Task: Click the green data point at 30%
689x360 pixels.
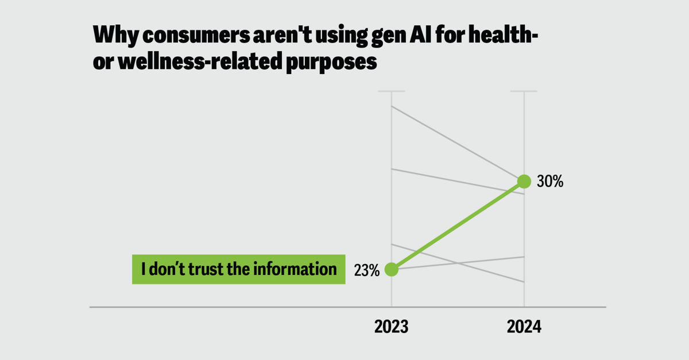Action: pyautogui.click(x=524, y=181)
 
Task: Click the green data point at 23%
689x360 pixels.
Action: pyautogui.click(x=391, y=269)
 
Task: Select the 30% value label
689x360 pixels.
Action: pyautogui.click(x=549, y=182)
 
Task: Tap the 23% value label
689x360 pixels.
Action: pyautogui.click(x=367, y=270)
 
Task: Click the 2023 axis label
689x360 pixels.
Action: pyautogui.click(x=391, y=327)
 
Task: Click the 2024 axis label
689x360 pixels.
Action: pyautogui.click(x=524, y=327)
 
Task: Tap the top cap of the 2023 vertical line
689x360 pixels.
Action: pyautogui.click(x=391, y=91)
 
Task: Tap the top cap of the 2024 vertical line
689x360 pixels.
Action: pyautogui.click(x=524, y=91)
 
